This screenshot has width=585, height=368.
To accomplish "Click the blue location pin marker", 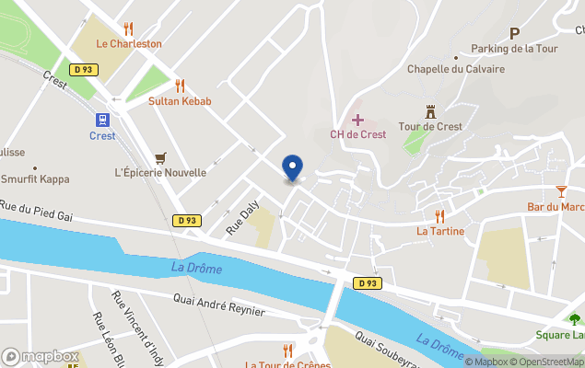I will coord(292,168).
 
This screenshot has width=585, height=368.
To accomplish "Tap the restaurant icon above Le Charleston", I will coord(128,29).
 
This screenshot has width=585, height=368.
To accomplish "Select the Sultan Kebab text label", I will coord(180,101).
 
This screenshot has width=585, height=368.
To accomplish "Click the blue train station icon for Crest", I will coord(102,120).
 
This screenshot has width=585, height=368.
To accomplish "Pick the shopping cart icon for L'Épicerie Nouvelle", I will coord(161,157).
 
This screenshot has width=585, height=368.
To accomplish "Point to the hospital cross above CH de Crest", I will coord(357,120).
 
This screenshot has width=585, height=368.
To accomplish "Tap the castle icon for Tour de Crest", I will coord(430,111).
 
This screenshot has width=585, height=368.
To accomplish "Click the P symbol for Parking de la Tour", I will coord(514,33).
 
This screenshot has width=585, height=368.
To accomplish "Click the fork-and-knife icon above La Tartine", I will coord(439,216).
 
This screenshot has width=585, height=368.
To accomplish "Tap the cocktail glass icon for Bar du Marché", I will coord(562,191).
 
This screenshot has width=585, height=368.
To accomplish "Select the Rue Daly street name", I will coord(240,218).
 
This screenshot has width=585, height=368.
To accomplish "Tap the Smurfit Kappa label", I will coord(35,179).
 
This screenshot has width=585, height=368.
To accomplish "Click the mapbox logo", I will coord(40,356).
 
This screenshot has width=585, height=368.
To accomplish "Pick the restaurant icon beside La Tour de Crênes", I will coord(287,351).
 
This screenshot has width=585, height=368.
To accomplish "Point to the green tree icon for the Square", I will coord(575,319).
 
